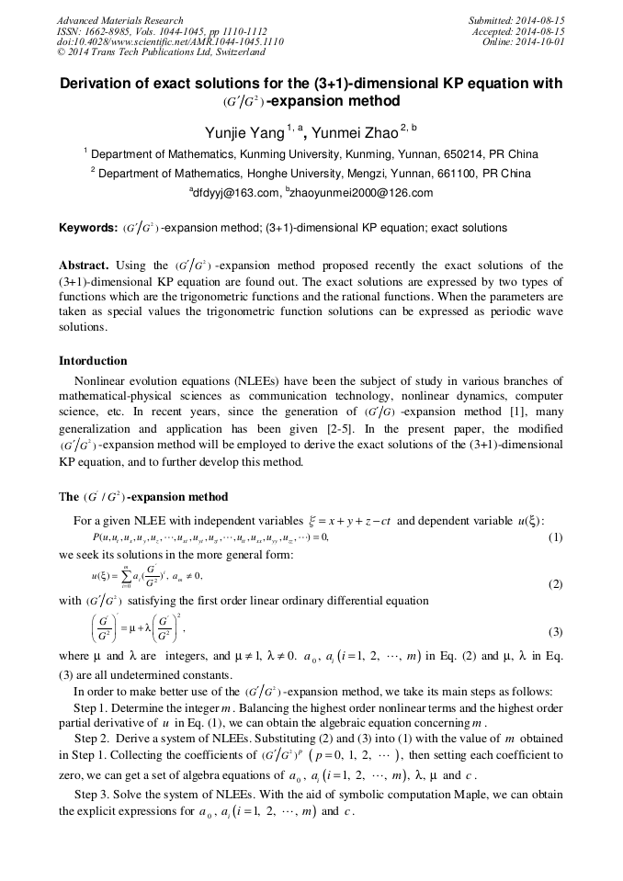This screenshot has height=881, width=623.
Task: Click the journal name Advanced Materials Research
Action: click(119, 20)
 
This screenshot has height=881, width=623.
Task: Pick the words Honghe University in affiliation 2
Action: click(287, 174)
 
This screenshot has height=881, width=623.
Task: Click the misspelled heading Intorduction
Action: click(93, 361)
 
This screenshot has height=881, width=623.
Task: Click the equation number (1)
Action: click(555, 537)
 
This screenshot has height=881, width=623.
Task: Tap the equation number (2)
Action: click(555, 584)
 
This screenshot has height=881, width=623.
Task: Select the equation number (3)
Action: click(555, 632)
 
